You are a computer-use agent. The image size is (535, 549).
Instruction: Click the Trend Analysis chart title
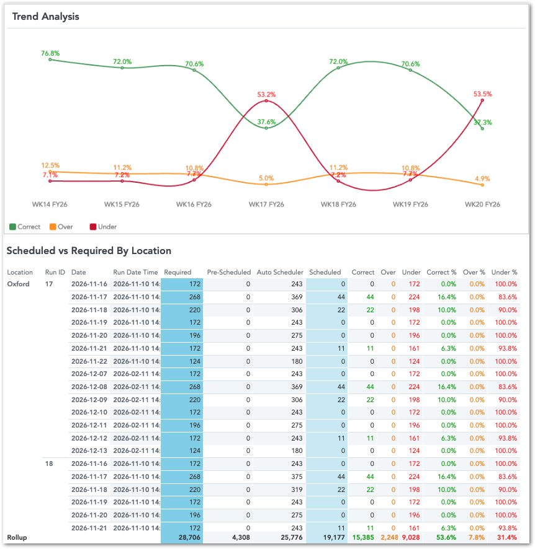click(x=46, y=16)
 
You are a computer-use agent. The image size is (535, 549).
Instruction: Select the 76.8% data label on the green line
click(x=50, y=53)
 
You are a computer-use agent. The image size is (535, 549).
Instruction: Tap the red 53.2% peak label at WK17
click(x=266, y=95)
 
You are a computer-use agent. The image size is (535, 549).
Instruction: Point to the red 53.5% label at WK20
click(x=482, y=94)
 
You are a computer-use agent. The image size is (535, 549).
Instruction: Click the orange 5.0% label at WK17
click(x=266, y=178)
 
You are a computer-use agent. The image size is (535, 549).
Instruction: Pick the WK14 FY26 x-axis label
click(x=50, y=204)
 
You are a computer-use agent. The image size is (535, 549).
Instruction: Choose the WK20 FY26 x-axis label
click(x=482, y=204)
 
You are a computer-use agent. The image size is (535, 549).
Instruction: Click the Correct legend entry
click(x=25, y=227)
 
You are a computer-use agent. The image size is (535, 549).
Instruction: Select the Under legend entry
click(x=103, y=227)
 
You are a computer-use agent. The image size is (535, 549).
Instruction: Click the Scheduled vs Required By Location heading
click(x=89, y=251)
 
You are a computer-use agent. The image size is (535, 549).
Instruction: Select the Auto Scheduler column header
click(x=280, y=272)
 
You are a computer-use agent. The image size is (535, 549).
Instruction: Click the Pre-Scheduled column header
click(x=229, y=272)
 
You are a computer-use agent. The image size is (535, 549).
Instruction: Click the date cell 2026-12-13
click(x=89, y=450)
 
